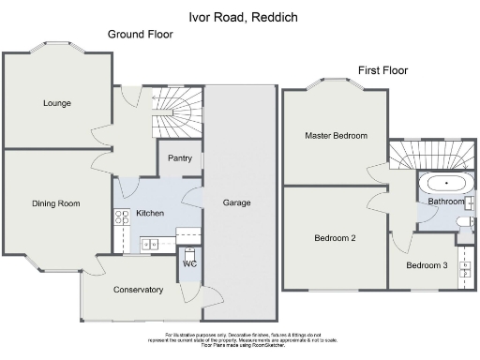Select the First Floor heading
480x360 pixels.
click(382, 70)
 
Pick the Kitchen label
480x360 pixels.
click(150, 214)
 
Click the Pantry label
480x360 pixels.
click(180, 158)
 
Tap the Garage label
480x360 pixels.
click(236, 202)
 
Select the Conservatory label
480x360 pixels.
click(139, 290)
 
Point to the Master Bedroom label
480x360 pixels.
click(336, 136)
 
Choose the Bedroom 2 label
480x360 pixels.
click(334, 237)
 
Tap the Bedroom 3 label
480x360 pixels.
click(427, 266)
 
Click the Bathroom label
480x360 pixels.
click(446, 202)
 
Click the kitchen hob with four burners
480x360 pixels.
click(122, 218)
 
